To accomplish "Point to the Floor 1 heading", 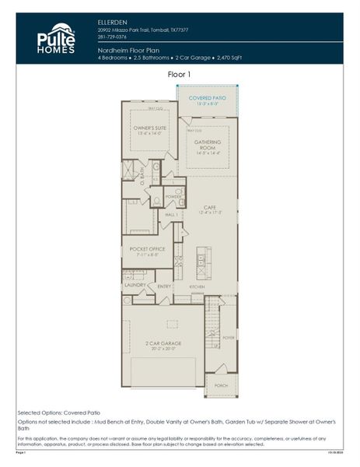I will coord(179,74).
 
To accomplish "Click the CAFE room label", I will coord(211,207).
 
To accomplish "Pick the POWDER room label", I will coord(173,196).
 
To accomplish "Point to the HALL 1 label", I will coord(171,214).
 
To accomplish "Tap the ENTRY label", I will coord(164,286).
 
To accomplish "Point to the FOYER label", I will coord(228,338).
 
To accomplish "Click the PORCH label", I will coord(222,384).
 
